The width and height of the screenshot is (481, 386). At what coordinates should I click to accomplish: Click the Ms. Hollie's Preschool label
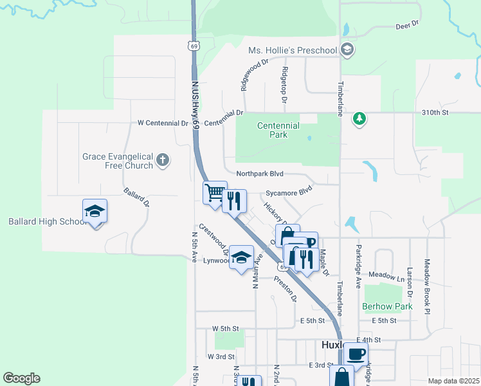pyautogui.click(x=293, y=50)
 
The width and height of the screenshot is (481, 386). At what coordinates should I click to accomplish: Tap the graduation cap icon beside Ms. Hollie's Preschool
pyautogui.click(x=347, y=50)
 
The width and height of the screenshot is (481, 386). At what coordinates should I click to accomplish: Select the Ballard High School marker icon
pyautogui.click(x=95, y=212)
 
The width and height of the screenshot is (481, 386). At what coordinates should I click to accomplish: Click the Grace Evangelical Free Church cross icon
pyautogui.click(x=163, y=161)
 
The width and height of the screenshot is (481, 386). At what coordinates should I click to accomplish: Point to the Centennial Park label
pyautogui.click(x=278, y=130)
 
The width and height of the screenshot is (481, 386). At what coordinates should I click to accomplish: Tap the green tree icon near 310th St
pyautogui.click(x=359, y=118)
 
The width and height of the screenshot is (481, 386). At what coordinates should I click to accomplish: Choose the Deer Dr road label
pyautogui.click(x=406, y=24)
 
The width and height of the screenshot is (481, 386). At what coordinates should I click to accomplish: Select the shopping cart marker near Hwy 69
pyautogui.click(x=215, y=193)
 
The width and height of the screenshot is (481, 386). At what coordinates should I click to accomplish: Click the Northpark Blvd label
pyautogui.click(x=260, y=174)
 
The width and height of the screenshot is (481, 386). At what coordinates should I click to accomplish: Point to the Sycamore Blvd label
pyautogui.click(x=289, y=192)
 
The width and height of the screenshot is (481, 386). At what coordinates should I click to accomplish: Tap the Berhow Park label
pyautogui.click(x=387, y=307)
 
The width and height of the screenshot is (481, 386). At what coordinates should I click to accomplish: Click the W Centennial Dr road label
pyautogui.click(x=163, y=123)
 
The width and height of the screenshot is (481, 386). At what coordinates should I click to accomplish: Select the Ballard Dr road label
pyautogui.click(x=136, y=198)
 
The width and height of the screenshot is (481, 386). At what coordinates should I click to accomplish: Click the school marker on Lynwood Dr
pyautogui.click(x=241, y=259)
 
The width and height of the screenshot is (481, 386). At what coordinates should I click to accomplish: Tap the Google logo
pyautogui.click(x=21, y=378)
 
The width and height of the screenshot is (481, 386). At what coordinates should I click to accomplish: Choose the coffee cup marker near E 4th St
pyautogui.click(x=356, y=353)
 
